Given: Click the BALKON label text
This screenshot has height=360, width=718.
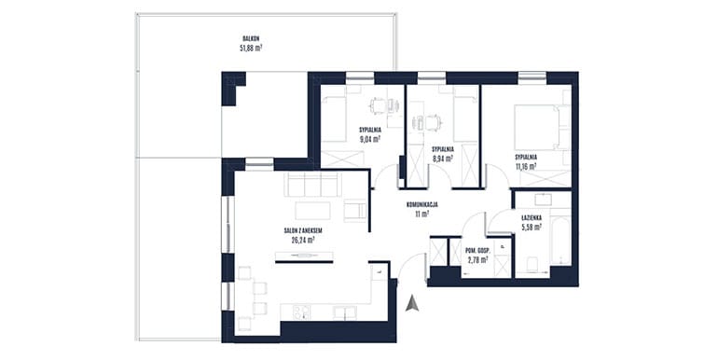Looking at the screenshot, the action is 252,39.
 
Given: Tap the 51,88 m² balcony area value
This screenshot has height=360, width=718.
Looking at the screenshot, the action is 251,48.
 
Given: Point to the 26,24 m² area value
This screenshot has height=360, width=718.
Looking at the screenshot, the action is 303,240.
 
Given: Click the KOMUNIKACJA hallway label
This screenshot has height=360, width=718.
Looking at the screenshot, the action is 421,205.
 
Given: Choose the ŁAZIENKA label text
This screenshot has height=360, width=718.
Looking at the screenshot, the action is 532,218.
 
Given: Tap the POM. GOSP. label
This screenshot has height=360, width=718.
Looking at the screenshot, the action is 477,251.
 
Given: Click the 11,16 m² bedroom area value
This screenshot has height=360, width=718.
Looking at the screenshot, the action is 526,167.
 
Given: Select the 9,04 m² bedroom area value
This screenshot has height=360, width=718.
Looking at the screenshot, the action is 370,140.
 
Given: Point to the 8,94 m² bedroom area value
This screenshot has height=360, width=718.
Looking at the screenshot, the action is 442,159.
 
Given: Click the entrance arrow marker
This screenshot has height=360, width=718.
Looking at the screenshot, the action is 412,304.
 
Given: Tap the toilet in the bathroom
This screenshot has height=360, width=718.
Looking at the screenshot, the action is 532,265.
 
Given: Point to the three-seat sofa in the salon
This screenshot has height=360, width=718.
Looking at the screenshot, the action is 312,184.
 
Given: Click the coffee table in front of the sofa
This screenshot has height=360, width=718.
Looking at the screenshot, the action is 312,211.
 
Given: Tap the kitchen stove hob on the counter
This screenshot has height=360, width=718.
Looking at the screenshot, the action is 300,312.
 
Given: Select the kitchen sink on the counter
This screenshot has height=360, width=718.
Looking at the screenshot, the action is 345,312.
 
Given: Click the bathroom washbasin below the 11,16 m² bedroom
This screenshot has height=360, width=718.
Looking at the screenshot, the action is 543,200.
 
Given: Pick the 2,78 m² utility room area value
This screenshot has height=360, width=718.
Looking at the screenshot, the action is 477,259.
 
